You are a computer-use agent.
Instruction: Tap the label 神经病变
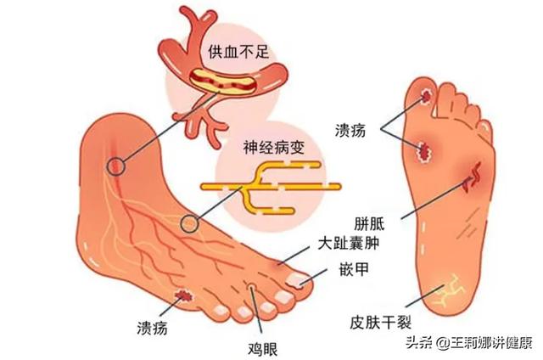coord(274,147)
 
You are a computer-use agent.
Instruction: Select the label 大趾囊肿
coord(349,243)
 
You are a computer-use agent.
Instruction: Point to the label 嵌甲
coord(354,268)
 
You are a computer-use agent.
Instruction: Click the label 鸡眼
coord(263,349)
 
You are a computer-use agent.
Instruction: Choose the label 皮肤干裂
coord(381,323)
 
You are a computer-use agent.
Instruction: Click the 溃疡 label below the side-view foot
coord(153,327)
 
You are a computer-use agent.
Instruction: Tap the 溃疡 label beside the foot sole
coord(350,131)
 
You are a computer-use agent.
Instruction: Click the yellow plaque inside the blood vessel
coord(222,82)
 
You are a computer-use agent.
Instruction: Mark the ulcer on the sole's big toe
coord(427,95)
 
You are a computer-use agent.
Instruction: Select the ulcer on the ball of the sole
coord(423,151)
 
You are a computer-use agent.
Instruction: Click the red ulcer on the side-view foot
coord(183,295)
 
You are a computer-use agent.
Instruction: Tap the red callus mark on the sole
coord(473,177)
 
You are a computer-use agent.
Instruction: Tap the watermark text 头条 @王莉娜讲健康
coord(469,343)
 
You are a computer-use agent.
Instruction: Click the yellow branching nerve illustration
coord(270,187)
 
